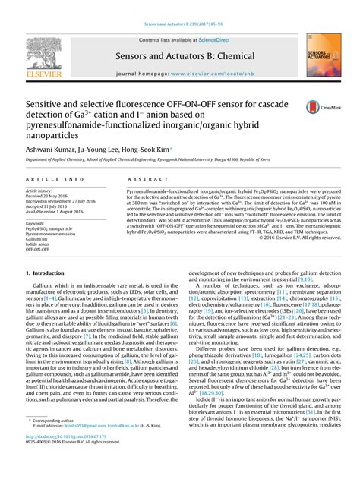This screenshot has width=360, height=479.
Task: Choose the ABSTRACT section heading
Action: [x=141, y=180]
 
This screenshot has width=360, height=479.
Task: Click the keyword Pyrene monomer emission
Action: [x=53, y=235]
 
